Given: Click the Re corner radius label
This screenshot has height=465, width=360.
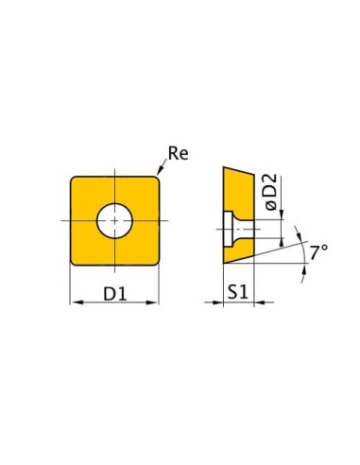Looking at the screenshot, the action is tap(178, 153).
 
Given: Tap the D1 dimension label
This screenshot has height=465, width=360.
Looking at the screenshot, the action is tap(115, 294).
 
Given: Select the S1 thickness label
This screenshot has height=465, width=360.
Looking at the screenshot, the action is tap(238, 292).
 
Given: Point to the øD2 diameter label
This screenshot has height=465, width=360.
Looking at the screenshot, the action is tap(271, 192).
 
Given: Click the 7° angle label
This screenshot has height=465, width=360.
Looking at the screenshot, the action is tap(318, 252).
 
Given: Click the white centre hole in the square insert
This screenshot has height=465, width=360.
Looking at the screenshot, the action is tap(114, 220).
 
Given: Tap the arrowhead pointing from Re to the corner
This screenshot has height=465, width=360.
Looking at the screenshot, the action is tap(160, 170).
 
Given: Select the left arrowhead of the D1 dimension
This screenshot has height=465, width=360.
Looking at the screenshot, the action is tap(77, 302).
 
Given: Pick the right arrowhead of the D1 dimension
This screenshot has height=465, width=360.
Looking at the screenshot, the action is tap(152, 302).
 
